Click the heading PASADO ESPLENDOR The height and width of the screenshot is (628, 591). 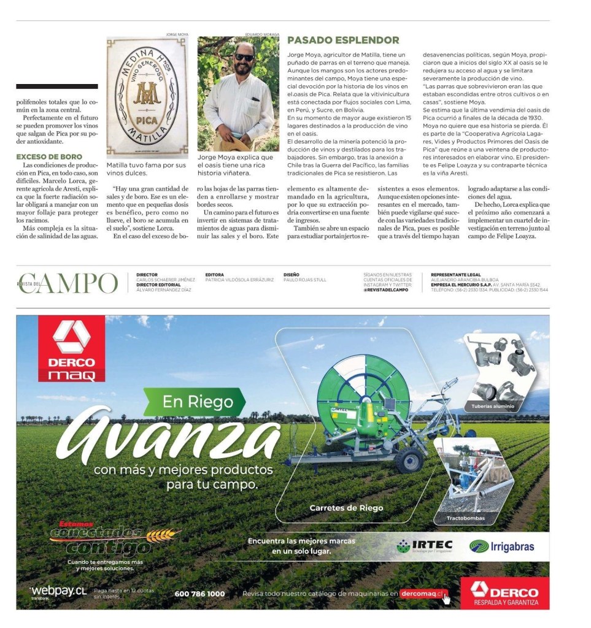(x=343, y=40)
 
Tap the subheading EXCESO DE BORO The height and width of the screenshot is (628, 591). (x=50, y=157)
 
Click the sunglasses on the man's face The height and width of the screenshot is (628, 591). (x=244, y=58)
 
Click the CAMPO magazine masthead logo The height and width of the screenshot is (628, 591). (x=68, y=283)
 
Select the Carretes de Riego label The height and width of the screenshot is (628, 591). (x=346, y=508)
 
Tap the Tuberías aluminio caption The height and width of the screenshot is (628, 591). (x=493, y=407)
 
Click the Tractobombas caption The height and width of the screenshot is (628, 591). (x=465, y=518)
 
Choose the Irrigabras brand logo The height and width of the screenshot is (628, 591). (x=501, y=546)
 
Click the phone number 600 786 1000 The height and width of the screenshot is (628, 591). (x=199, y=594)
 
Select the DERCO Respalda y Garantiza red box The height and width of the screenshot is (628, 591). (x=504, y=594)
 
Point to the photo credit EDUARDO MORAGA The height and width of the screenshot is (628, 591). (x=262, y=34)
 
